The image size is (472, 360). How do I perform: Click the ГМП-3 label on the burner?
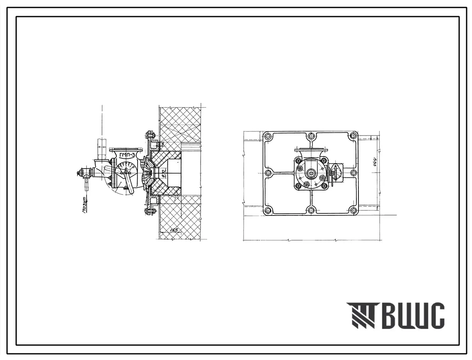click(127, 156)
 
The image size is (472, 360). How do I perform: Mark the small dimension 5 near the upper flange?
click(163, 144)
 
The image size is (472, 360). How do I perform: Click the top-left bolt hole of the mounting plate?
click(268, 136)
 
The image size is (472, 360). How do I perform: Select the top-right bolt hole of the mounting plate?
click(353, 135)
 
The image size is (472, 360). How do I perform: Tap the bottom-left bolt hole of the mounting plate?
click(268, 210)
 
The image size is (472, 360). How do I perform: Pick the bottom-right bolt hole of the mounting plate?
click(353, 210)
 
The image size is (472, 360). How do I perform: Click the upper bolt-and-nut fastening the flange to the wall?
click(150, 135)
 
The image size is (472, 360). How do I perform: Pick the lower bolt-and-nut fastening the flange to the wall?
click(150, 211)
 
